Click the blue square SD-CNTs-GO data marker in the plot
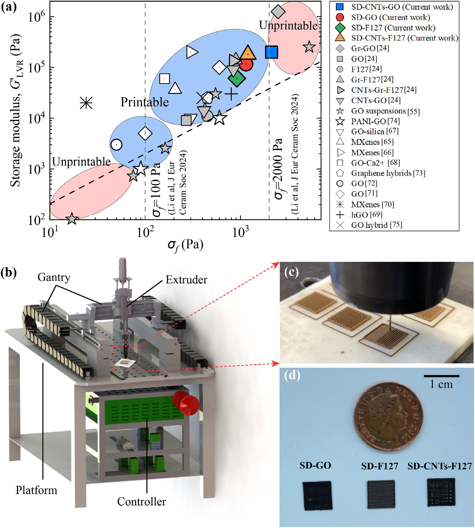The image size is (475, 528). [x=272, y=52]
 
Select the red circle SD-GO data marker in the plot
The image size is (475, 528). [x=246, y=64]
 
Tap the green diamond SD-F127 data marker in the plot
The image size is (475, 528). [x=237, y=78]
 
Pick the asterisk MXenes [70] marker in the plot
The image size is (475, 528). [x=86, y=103]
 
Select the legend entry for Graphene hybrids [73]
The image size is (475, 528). [x=388, y=173]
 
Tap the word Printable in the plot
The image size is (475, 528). [x=144, y=102]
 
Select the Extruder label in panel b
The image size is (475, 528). [x=186, y=280]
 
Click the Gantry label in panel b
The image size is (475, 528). [x=54, y=277]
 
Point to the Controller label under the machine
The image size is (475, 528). [x=141, y=501]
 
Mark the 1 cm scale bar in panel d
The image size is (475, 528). [x=441, y=376]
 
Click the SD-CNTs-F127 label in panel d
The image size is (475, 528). [x=439, y=466]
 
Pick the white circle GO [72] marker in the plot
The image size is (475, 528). [x=116, y=145]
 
